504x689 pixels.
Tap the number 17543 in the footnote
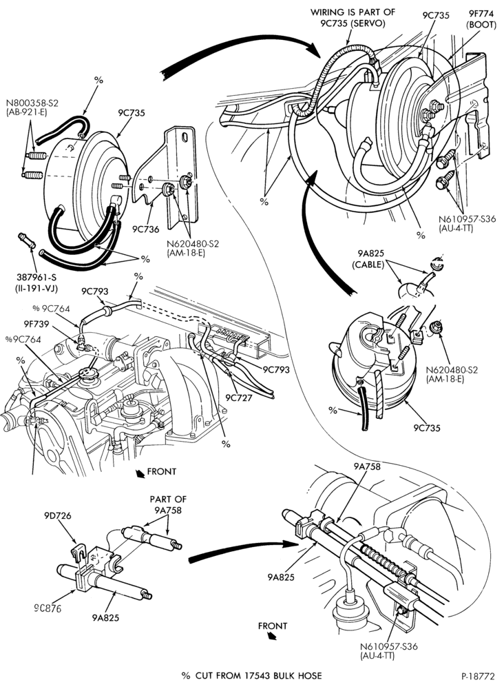point(258,676)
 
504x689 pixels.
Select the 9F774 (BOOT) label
point(481,20)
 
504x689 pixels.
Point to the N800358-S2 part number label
point(32,103)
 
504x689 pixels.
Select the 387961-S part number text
point(37,278)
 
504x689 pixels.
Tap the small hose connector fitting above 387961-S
point(26,240)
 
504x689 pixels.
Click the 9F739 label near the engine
point(37,325)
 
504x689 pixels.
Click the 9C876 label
point(48,608)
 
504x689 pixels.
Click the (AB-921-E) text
point(26,112)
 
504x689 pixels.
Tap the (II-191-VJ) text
point(37,288)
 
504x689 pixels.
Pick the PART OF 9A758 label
point(168,504)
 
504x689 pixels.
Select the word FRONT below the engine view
point(162,471)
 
